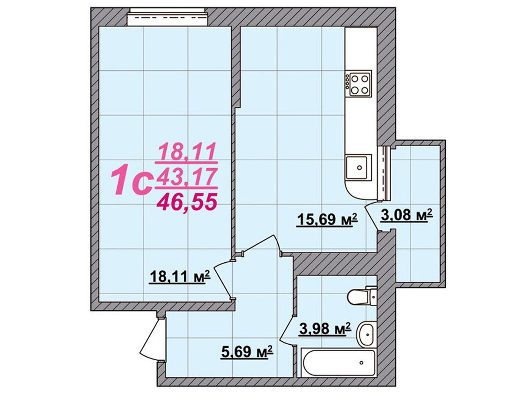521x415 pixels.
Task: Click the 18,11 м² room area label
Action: click(x=180, y=277)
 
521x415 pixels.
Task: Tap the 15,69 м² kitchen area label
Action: click(x=327, y=219)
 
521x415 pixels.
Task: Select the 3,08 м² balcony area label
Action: click(x=406, y=215)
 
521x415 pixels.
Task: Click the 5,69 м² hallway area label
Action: click(x=247, y=352)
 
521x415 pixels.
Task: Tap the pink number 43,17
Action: click(x=186, y=177)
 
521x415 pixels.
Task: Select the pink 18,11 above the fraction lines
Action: click(x=187, y=151)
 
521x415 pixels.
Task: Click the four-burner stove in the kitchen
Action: click(x=358, y=84)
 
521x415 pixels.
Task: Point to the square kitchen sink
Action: click(x=358, y=167)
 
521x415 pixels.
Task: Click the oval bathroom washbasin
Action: click(x=366, y=334)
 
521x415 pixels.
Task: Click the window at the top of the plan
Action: click(x=169, y=16)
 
